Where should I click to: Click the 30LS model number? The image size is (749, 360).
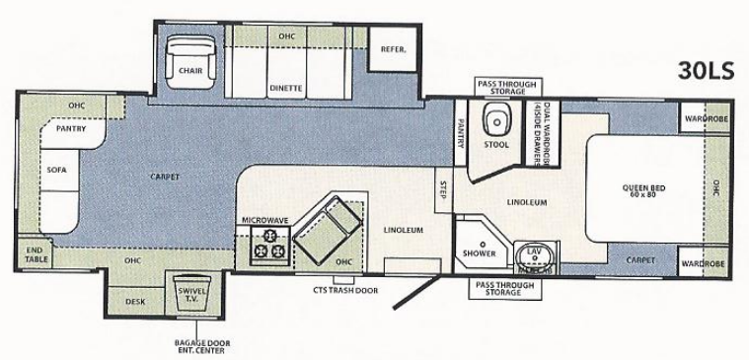(706, 70)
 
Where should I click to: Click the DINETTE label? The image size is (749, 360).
(284, 88)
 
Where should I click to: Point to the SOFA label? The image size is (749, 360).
(56, 169)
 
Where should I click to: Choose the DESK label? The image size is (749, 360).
(135, 302)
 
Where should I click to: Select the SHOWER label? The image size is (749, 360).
(479, 252)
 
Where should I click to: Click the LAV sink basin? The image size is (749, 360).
(535, 258)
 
